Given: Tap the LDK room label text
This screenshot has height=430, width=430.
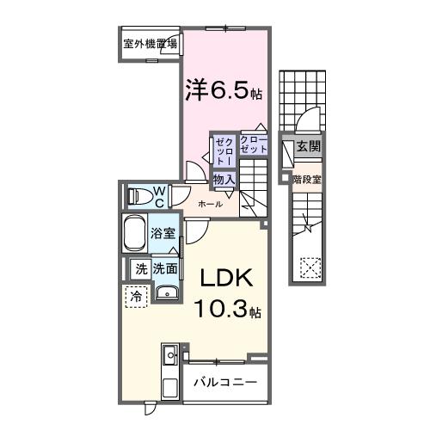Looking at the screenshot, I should pyautogui.click(x=225, y=280).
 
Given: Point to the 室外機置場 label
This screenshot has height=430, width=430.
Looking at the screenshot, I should pyautogui.click(x=150, y=43).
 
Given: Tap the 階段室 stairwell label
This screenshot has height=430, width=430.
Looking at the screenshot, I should pyautogui.click(x=306, y=180).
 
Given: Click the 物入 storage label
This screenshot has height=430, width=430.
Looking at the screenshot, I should pyautogui.click(x=224, y=180).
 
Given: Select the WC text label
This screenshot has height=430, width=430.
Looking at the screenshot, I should pyautogui.click(x=159, y=196).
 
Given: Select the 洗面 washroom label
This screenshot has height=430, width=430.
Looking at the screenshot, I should pyautogui.click(x=165, y=269).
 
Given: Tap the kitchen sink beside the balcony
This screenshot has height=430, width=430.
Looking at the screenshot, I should pyautogui.click(x=169, y=354).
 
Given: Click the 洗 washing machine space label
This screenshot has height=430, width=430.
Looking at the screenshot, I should pyautogui.click(x=140, y=269).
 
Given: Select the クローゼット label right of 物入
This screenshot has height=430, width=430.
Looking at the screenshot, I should pyautogui.click(x=254, y=144).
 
